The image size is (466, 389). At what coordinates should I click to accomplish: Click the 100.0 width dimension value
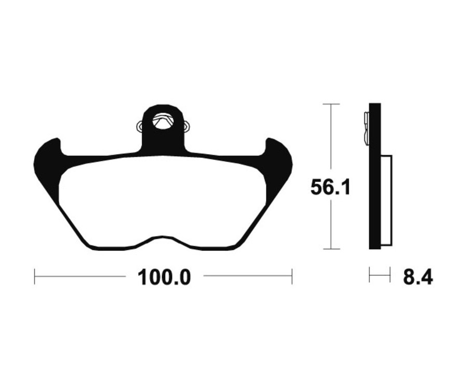[x=164, y=278]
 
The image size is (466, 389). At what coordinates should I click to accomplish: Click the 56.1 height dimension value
[x=330, y=187]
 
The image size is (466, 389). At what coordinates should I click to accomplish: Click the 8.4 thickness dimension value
[x=417, y=278]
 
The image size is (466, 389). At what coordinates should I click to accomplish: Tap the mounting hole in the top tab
[x=163, y=123]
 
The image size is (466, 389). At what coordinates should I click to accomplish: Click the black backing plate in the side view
[x=375, y=197]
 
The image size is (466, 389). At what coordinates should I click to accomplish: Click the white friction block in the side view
[x=386, y=199]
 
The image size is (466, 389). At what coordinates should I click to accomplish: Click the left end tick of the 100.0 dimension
[x=35, y=276]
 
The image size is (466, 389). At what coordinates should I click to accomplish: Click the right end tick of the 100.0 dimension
[x=292, y=276]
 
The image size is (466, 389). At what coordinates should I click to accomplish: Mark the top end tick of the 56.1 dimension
[x=330, y=104]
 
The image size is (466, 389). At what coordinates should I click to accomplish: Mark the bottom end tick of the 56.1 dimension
[x=330, y=249]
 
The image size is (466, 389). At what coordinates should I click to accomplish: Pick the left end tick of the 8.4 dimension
[x=370, y=275]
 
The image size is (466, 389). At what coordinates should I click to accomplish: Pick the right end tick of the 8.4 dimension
[x=389, y=275]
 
